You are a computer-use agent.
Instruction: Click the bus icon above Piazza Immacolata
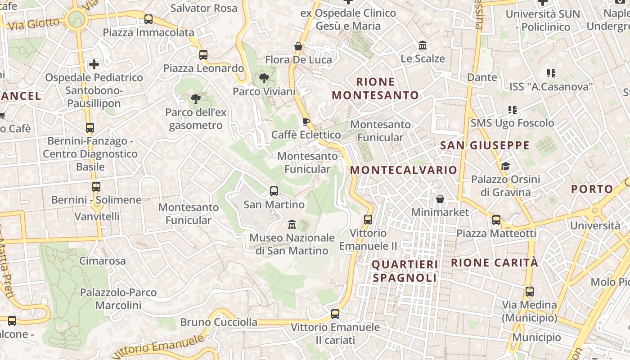tap(148, 19)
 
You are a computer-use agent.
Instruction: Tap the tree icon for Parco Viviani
tap(264, 79)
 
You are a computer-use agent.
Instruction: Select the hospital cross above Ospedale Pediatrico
tap(94, 64)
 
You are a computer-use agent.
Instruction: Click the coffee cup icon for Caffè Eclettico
tap(306, 121)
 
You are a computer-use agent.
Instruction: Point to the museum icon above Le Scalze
tap(423, 45)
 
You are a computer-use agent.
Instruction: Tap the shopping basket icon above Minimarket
tap(440, 199)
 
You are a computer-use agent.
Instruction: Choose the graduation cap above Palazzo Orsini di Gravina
tap(505, 166)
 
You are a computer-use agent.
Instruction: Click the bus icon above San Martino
tap(274, 191)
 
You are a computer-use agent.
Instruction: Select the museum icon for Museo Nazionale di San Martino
tap(292, 224)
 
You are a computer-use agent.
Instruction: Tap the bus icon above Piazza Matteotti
tap(496, 220)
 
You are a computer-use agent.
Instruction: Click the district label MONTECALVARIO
tap(404, 170)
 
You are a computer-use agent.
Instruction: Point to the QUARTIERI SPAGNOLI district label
tap(405, 271)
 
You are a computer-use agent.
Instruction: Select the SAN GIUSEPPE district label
tap(485, 145)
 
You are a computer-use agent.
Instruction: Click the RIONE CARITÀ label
tap(495, 263)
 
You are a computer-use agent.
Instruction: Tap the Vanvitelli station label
tap(97, 216)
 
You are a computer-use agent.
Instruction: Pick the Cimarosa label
tap(103, 261)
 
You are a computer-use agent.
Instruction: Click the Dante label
tap(482, 77)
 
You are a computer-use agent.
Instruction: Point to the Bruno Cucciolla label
tap(219, 322)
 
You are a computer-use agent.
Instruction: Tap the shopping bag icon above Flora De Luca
tap(298, 46)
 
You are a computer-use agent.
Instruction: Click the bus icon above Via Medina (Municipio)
tap(529, 292)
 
